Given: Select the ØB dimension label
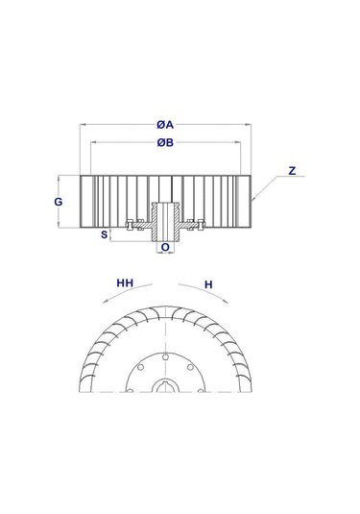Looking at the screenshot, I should point(166,144).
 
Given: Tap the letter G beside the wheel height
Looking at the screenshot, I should point(59,203).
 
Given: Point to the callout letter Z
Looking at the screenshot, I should point(292,171).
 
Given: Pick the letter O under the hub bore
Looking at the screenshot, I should point(165,247).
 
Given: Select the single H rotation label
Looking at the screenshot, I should point(209,284).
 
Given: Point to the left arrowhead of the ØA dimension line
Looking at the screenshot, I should point(84,124).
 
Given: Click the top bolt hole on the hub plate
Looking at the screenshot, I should point(166,356).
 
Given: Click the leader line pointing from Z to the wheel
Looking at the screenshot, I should point(269,186).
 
